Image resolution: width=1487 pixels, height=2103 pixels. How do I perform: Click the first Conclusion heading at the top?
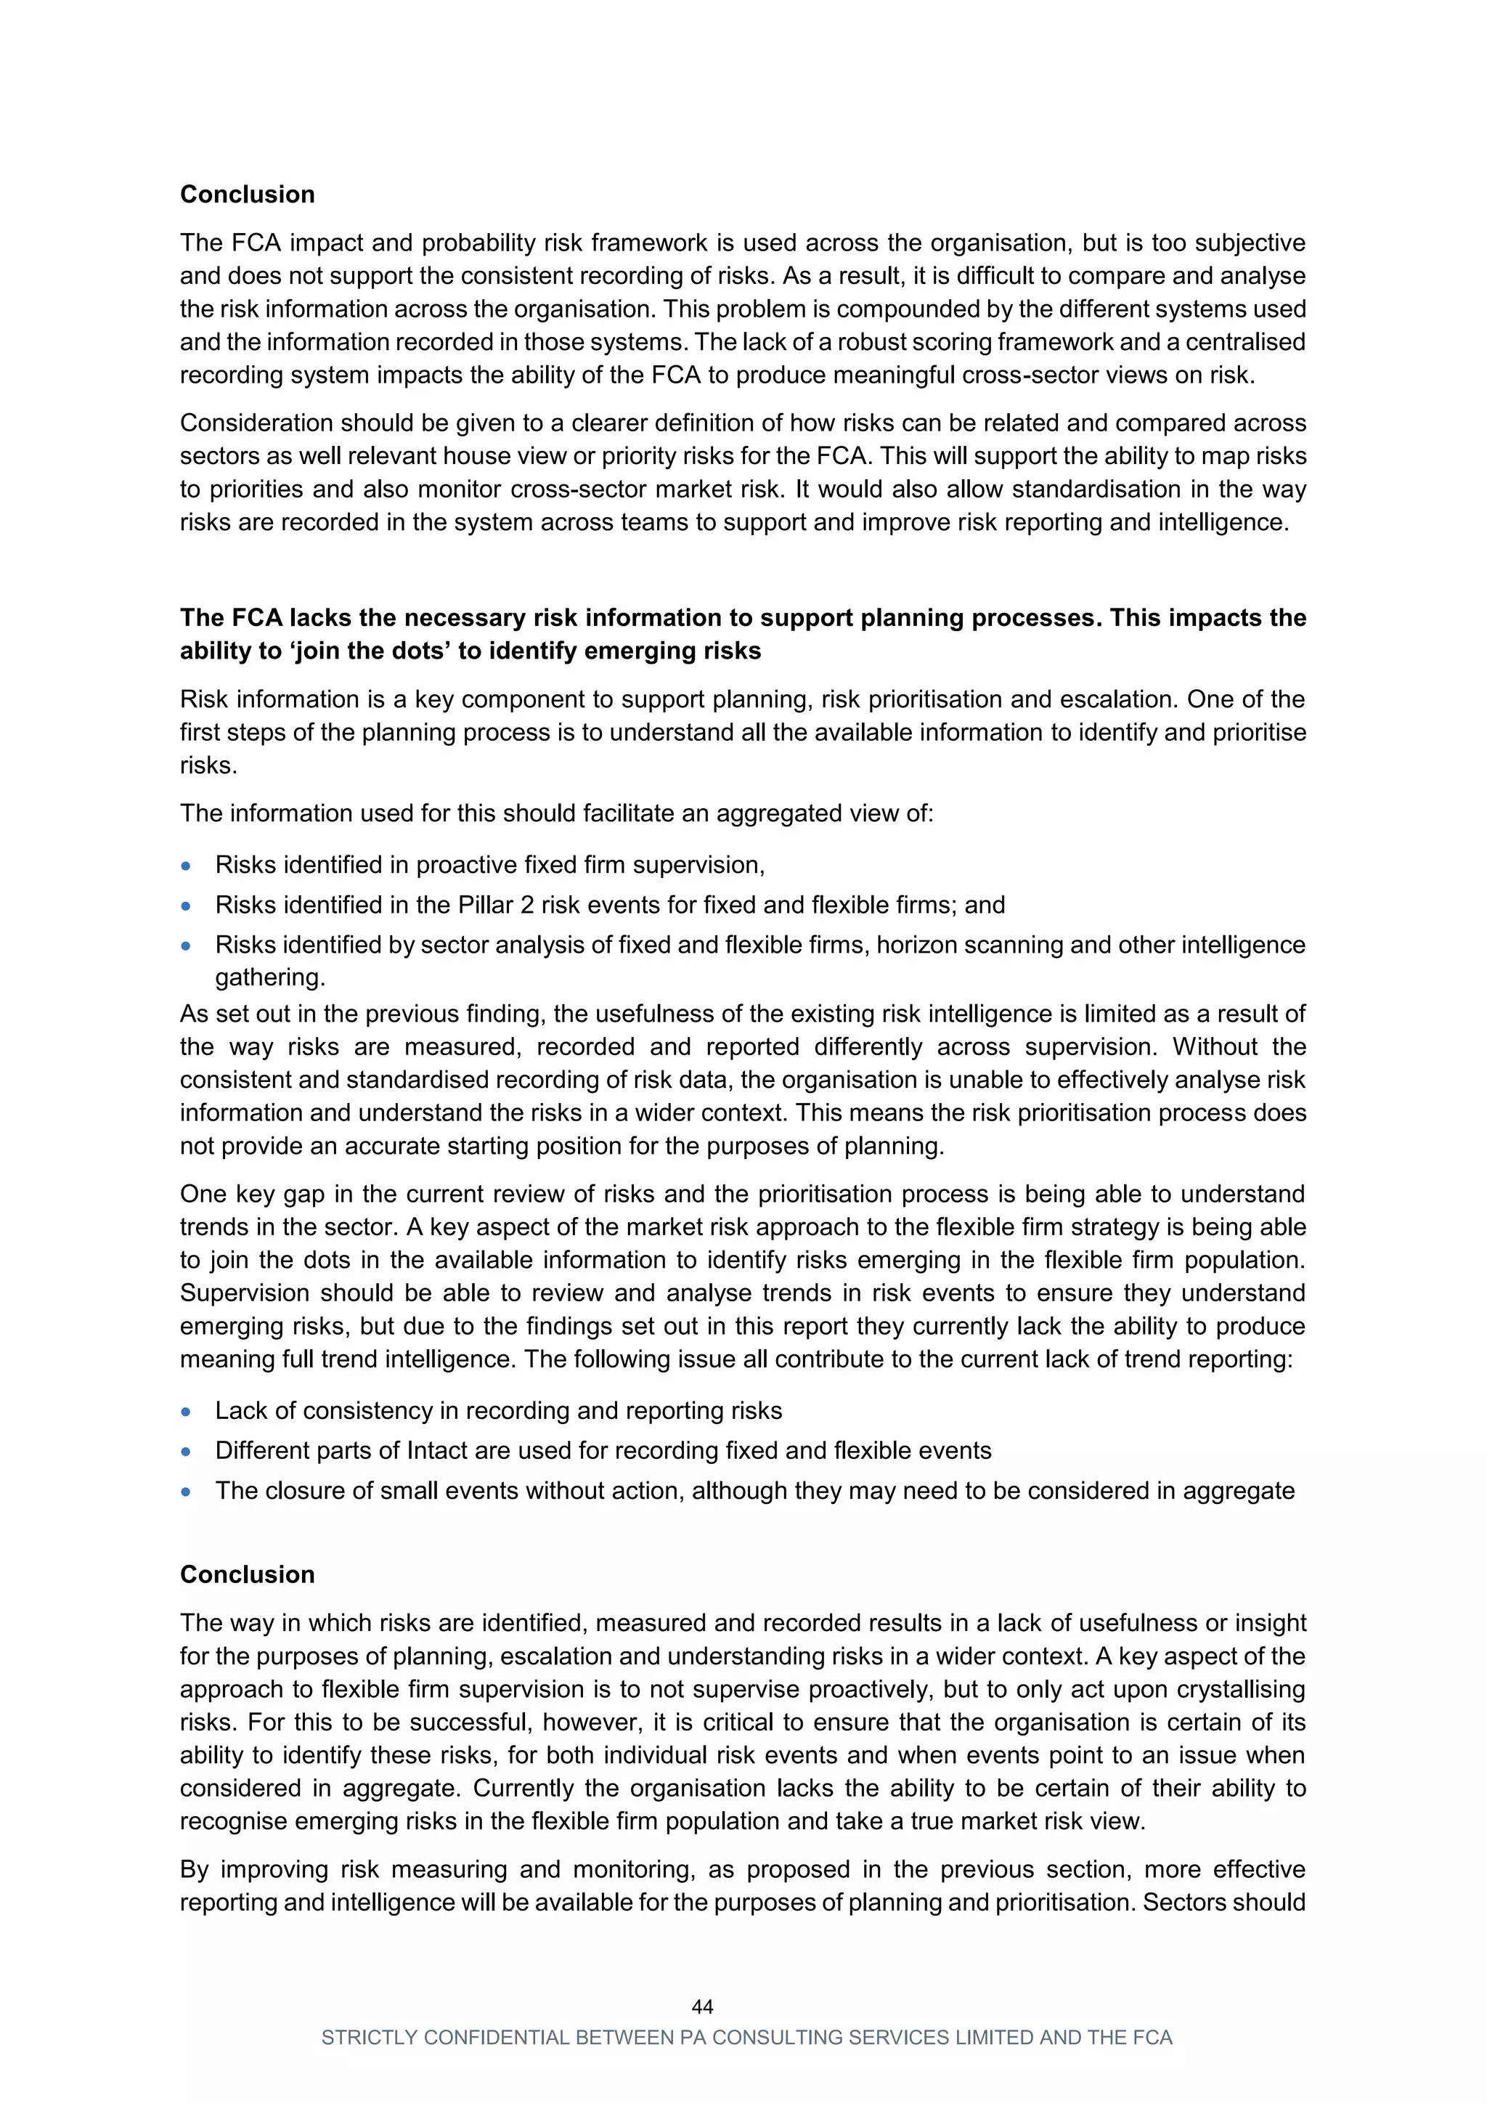[x=247, y=194]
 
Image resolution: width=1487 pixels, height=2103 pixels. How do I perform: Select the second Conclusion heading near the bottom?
[x=247, y=1574]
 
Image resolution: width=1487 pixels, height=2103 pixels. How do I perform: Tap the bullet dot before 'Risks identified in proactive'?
[x=187, y=866]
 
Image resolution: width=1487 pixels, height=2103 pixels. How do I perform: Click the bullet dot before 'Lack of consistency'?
[x=187, y=1412]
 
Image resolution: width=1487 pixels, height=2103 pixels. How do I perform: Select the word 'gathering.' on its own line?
[x=270, y=977]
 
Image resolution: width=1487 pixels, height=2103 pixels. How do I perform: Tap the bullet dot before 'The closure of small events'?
[x=187, y=1491]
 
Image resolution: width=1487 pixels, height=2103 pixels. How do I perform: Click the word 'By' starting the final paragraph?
[x=195, y=1869]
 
